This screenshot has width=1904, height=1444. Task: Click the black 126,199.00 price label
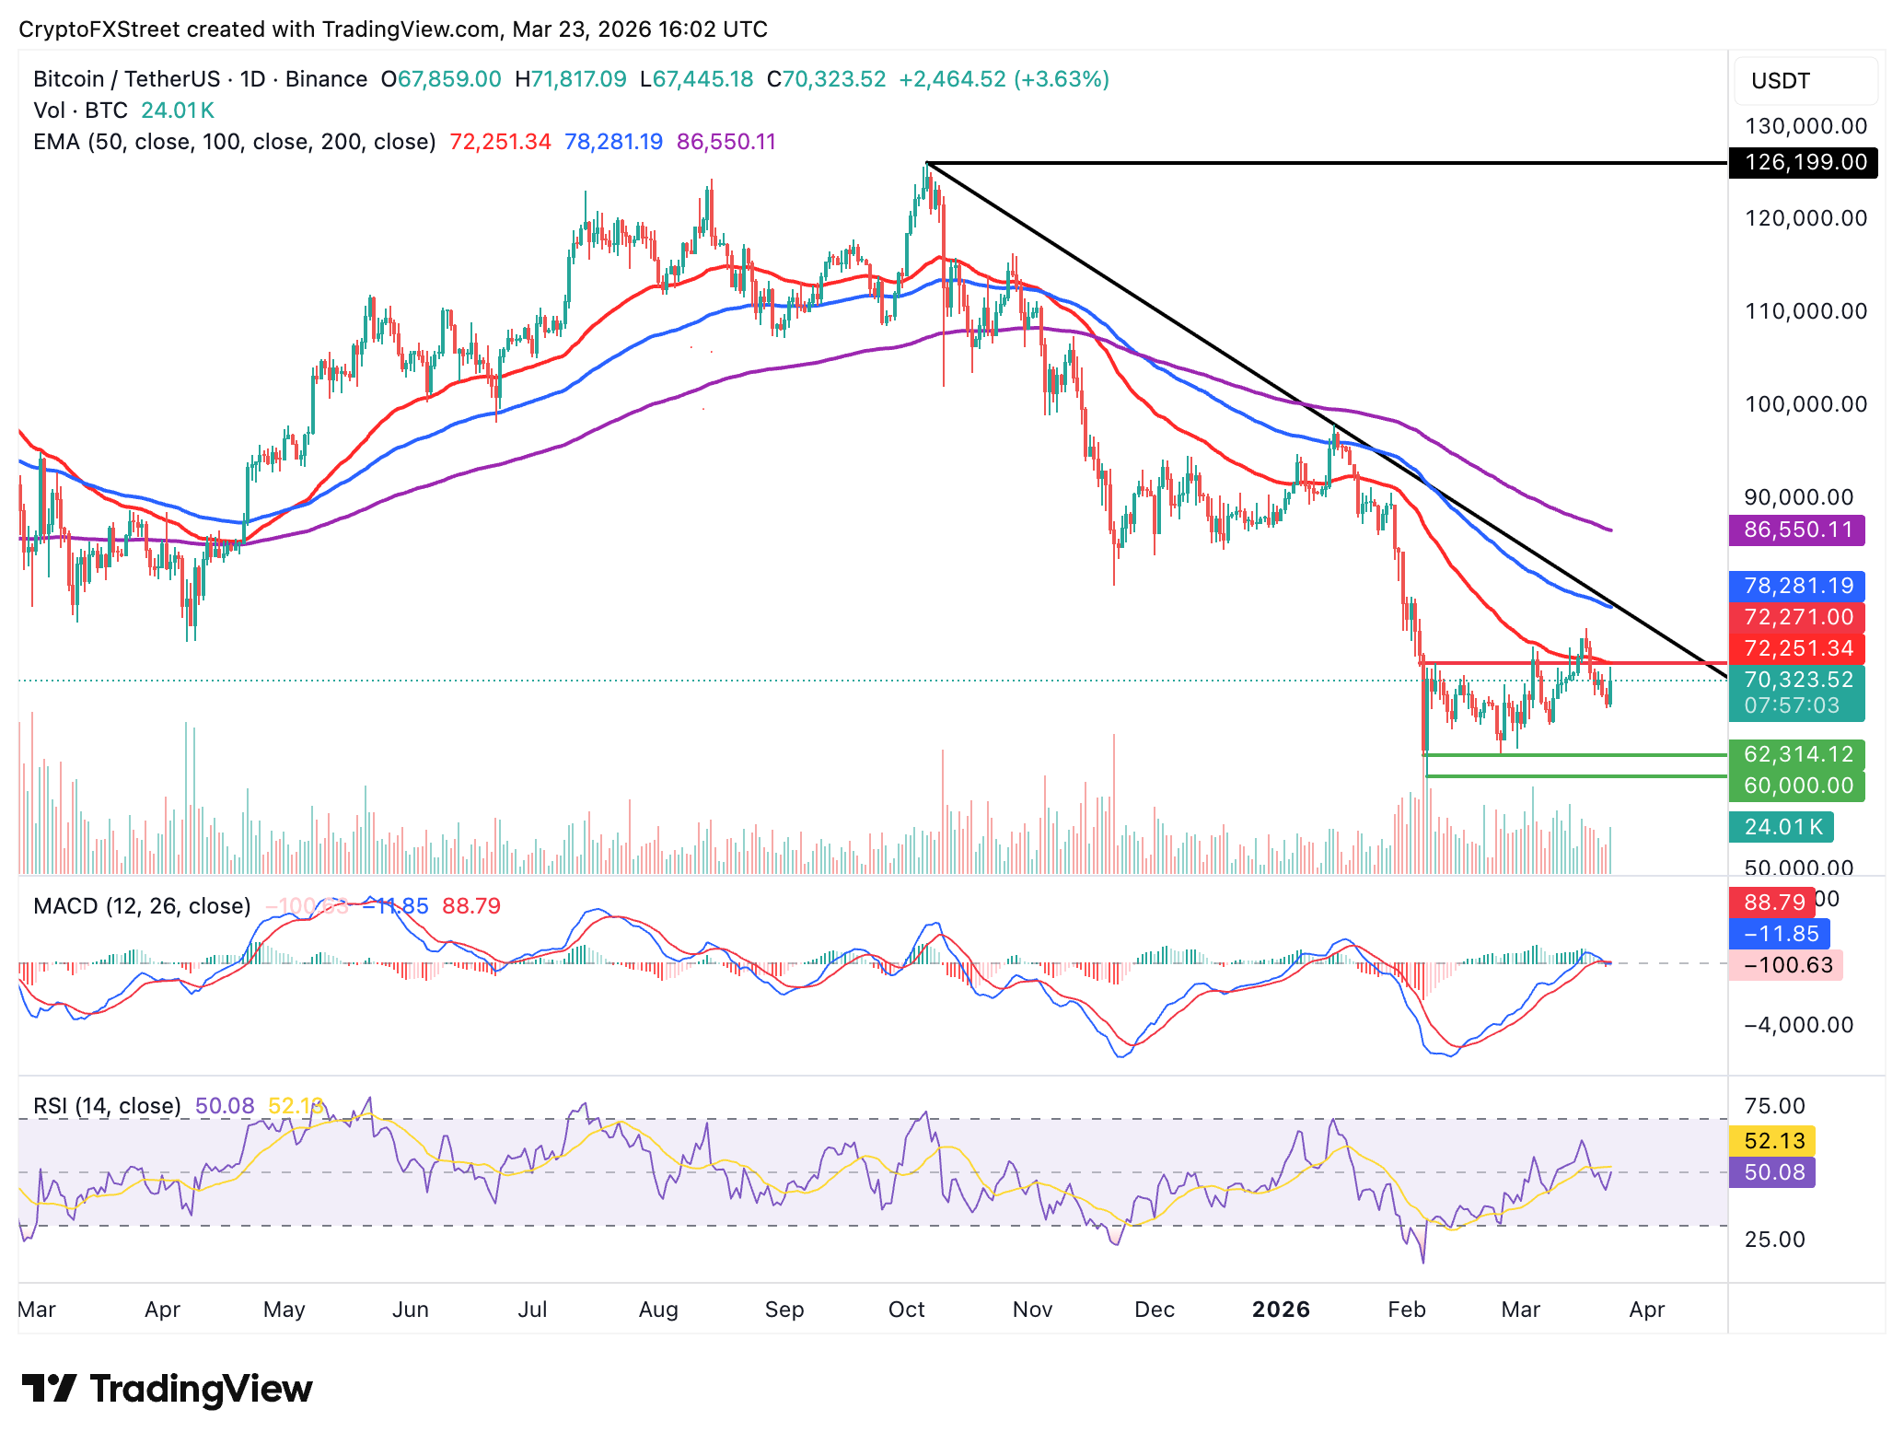[x=1803, y=162]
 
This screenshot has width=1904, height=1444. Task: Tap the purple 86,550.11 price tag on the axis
[x=1796, y=530]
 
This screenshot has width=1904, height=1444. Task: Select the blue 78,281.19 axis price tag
[x=1796, y=586]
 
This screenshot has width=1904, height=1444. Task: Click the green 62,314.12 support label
[x=1796, y=754]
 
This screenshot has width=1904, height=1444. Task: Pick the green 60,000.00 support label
[x=1796, y=786]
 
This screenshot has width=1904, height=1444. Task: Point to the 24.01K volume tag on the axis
[x=1782, y=827]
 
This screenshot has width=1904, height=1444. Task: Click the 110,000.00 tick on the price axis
[x=1805, y=311]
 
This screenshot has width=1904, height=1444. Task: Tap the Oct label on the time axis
[x=906, y=1309]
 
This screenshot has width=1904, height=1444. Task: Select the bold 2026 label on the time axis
[x=1281, y=1309]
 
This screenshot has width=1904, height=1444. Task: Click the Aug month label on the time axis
[x=658, y=1309]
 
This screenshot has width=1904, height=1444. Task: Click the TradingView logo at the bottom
[x=168, y=1389]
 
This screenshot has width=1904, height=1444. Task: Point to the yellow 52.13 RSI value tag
[x=1773, y=1141]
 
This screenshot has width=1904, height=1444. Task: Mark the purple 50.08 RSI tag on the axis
[x=1773, y=1172]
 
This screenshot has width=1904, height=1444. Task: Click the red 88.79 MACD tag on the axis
[x=1773, y=902]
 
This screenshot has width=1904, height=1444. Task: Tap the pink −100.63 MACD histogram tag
[x=1786, y=965]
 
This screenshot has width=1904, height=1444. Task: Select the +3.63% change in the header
[x=1062, y=79]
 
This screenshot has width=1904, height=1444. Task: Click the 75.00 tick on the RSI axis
[x=1774, y=1105]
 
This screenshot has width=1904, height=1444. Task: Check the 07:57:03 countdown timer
[x=1791, y=706]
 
